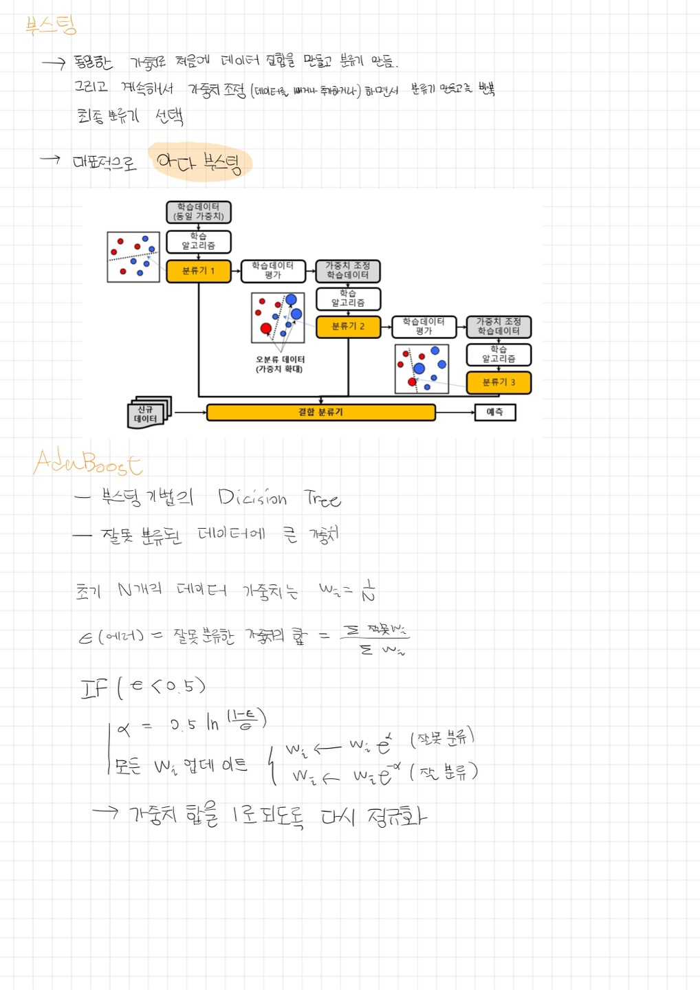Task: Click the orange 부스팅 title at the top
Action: (x=51, y=26)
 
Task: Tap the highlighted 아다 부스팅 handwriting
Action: (x=199, y=163)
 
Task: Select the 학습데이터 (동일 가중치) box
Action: (x=199, y=212)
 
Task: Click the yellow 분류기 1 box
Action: (x=199, y=271)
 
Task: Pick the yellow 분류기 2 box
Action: (x=348, y=327)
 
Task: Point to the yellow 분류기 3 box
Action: (x=499, y=382)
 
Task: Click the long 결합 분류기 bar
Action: (x=320, y=412)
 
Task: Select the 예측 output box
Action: (x=495, y=412)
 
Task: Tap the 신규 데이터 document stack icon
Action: (x=148, y=412)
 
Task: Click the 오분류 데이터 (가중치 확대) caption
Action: (x=279, y=364)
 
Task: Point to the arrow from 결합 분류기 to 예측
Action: (x=455, y=412)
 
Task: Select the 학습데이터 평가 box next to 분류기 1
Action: (x=273, y=271)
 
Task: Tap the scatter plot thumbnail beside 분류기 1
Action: (x=133, y=257)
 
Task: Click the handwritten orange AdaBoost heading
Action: (x=87, y=462)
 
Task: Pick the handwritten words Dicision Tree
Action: (x=278, y=498)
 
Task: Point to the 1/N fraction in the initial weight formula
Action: (x=369, y=591)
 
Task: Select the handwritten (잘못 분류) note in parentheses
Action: (x=442, y=738)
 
